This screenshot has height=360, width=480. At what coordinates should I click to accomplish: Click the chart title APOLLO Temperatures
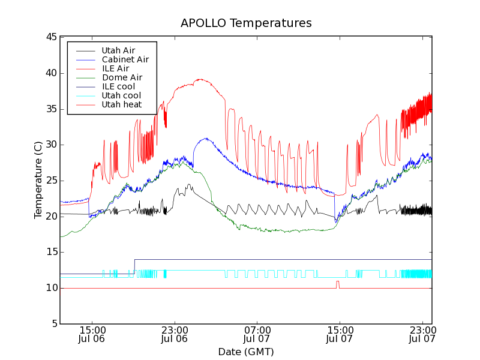[246, 23]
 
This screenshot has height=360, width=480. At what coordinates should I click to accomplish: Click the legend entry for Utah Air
[118, 50]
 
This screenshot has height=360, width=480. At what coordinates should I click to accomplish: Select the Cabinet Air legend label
[125, 59]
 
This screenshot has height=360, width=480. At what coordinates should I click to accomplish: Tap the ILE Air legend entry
[115, 68]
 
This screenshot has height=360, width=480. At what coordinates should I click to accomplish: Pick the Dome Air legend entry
[122, 77]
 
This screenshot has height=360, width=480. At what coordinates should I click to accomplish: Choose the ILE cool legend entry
[118, 86]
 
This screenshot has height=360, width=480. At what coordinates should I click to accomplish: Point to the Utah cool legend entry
[121, 95]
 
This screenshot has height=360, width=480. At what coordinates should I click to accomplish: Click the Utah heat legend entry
[121, 104]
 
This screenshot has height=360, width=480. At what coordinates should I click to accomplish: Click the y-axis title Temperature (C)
[38, 180]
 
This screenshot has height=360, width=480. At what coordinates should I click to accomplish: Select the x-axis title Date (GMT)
[246, 352]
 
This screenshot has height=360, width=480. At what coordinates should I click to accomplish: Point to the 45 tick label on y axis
[50, 37]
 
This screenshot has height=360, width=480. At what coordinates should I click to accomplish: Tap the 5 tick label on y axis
[53, 324]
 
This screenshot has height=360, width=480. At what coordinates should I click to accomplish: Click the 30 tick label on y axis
[50, 145]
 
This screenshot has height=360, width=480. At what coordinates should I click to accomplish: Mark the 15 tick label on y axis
[50, 252]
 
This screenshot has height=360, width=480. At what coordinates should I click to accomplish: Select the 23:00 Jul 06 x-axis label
[175, 334]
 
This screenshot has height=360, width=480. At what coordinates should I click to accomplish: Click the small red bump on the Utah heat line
[338, 282]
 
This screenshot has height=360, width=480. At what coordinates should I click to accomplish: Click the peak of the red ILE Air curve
[199, 79]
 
